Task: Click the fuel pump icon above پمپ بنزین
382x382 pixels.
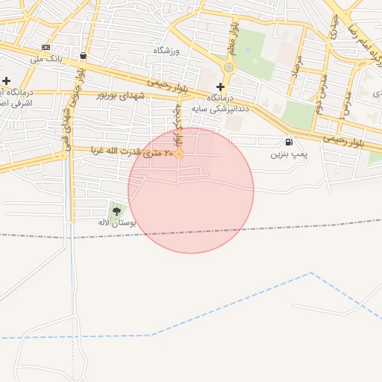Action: [289, 142]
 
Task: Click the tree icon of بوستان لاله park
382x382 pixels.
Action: [115, 211]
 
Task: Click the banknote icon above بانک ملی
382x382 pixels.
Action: [47, 47]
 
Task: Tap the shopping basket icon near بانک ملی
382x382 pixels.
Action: [82, 56]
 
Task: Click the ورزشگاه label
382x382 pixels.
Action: [168, 50]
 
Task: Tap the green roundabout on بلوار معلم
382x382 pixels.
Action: [228, 67]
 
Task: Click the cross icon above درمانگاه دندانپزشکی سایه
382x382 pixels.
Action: [220, 87]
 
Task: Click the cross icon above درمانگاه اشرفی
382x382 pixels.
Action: [7, 81]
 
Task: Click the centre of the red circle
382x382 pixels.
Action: [191, 190]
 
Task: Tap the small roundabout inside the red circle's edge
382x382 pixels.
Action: [179, 154]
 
